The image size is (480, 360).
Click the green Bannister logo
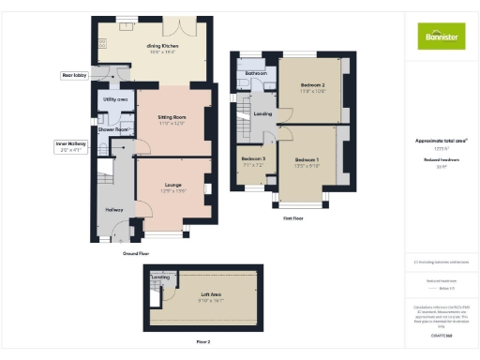tap(440, 36)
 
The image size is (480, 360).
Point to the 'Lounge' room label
tap(173, 185)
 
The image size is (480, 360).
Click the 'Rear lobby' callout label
tap(73, 74)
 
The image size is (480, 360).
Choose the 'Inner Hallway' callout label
tap(70, 143)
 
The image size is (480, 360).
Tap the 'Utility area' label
tap(115, 98)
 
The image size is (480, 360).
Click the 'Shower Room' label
tap(114, 129)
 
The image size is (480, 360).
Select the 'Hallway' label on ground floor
tap(114, 209)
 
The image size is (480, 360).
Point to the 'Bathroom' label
tap(256, 72)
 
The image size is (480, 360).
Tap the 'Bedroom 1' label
tap(307, 160)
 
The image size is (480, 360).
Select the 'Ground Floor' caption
tap(137, 253)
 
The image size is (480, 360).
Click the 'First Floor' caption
tap(293, 217)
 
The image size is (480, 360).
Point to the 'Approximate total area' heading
tap(441, 141)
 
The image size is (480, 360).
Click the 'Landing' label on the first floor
tap(263, 113)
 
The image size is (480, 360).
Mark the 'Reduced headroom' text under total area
tap(441, 160)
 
